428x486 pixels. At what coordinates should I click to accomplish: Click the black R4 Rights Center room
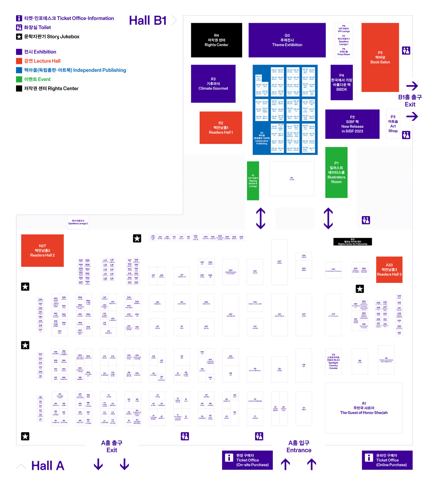pos(216,40)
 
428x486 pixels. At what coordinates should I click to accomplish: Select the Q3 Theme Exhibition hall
pos(287,40)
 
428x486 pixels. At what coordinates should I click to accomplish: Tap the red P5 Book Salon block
pos(380,57)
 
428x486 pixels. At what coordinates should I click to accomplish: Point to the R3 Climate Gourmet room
pos(213,84)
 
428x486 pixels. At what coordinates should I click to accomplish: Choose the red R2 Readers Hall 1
pos(221,127)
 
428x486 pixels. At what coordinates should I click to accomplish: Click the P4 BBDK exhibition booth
pos(341,82)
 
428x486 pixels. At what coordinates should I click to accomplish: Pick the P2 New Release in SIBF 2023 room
pos(352,124)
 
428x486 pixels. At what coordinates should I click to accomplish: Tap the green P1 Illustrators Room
pos(336,172)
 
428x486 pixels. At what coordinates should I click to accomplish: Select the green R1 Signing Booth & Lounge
pos(253,181)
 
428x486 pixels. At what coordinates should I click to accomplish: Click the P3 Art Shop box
pos(393,124)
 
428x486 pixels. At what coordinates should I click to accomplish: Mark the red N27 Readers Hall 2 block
pos(42,251)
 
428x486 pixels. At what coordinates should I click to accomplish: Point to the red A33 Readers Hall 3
pos(389,270)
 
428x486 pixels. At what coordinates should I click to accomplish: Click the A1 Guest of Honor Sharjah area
pos(364,408)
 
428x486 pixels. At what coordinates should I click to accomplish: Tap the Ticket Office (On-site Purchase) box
pos(247,460)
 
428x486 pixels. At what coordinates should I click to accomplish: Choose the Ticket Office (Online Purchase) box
pos(387,460)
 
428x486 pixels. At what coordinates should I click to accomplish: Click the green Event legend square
pos(19,79)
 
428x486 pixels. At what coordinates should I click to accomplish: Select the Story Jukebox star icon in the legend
pos(19,36)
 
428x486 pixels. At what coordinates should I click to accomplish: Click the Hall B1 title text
pos(148,20)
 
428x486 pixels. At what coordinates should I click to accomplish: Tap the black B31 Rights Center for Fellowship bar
pos(352,241)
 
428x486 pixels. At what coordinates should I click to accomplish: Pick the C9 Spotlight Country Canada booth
pos(333,361)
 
